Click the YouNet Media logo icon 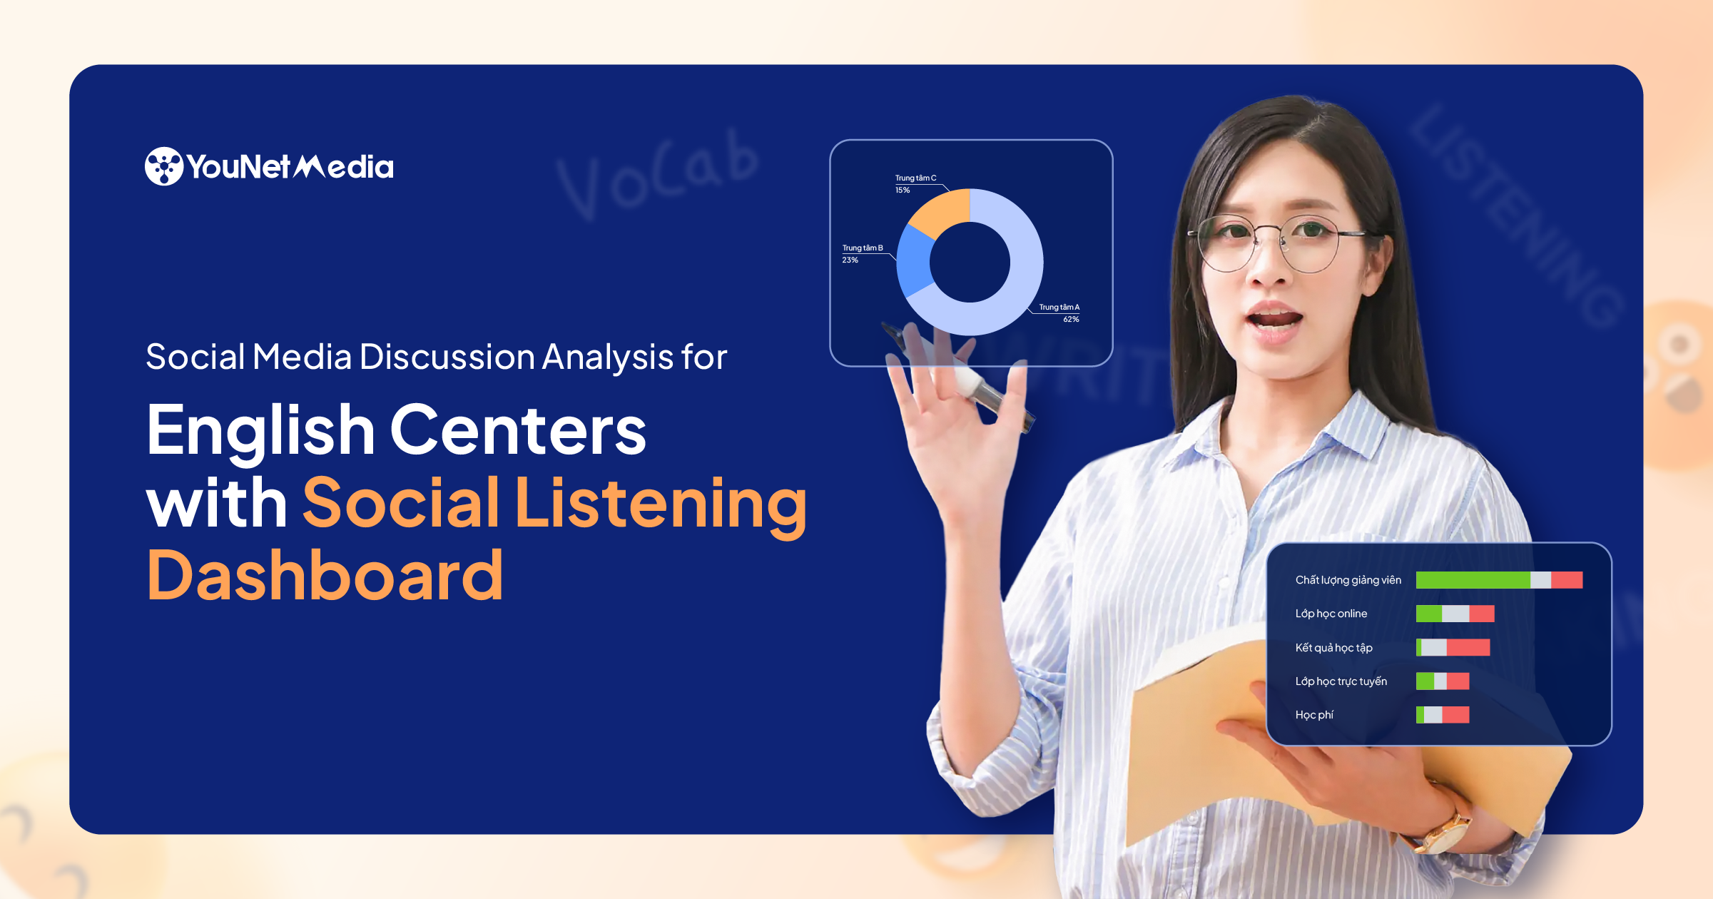[164, 166]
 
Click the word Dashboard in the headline [325, 575]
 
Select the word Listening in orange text [661, 504]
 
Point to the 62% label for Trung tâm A [1071, 320]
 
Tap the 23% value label [850, 260]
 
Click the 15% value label [903, 191]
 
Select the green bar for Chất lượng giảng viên [1472, 580]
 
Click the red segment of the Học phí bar [1455, 715]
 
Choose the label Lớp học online [1331, 614]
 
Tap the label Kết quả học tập [1333, 648]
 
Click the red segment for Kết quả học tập [1468, 648]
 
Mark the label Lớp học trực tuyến [1341, 681]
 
